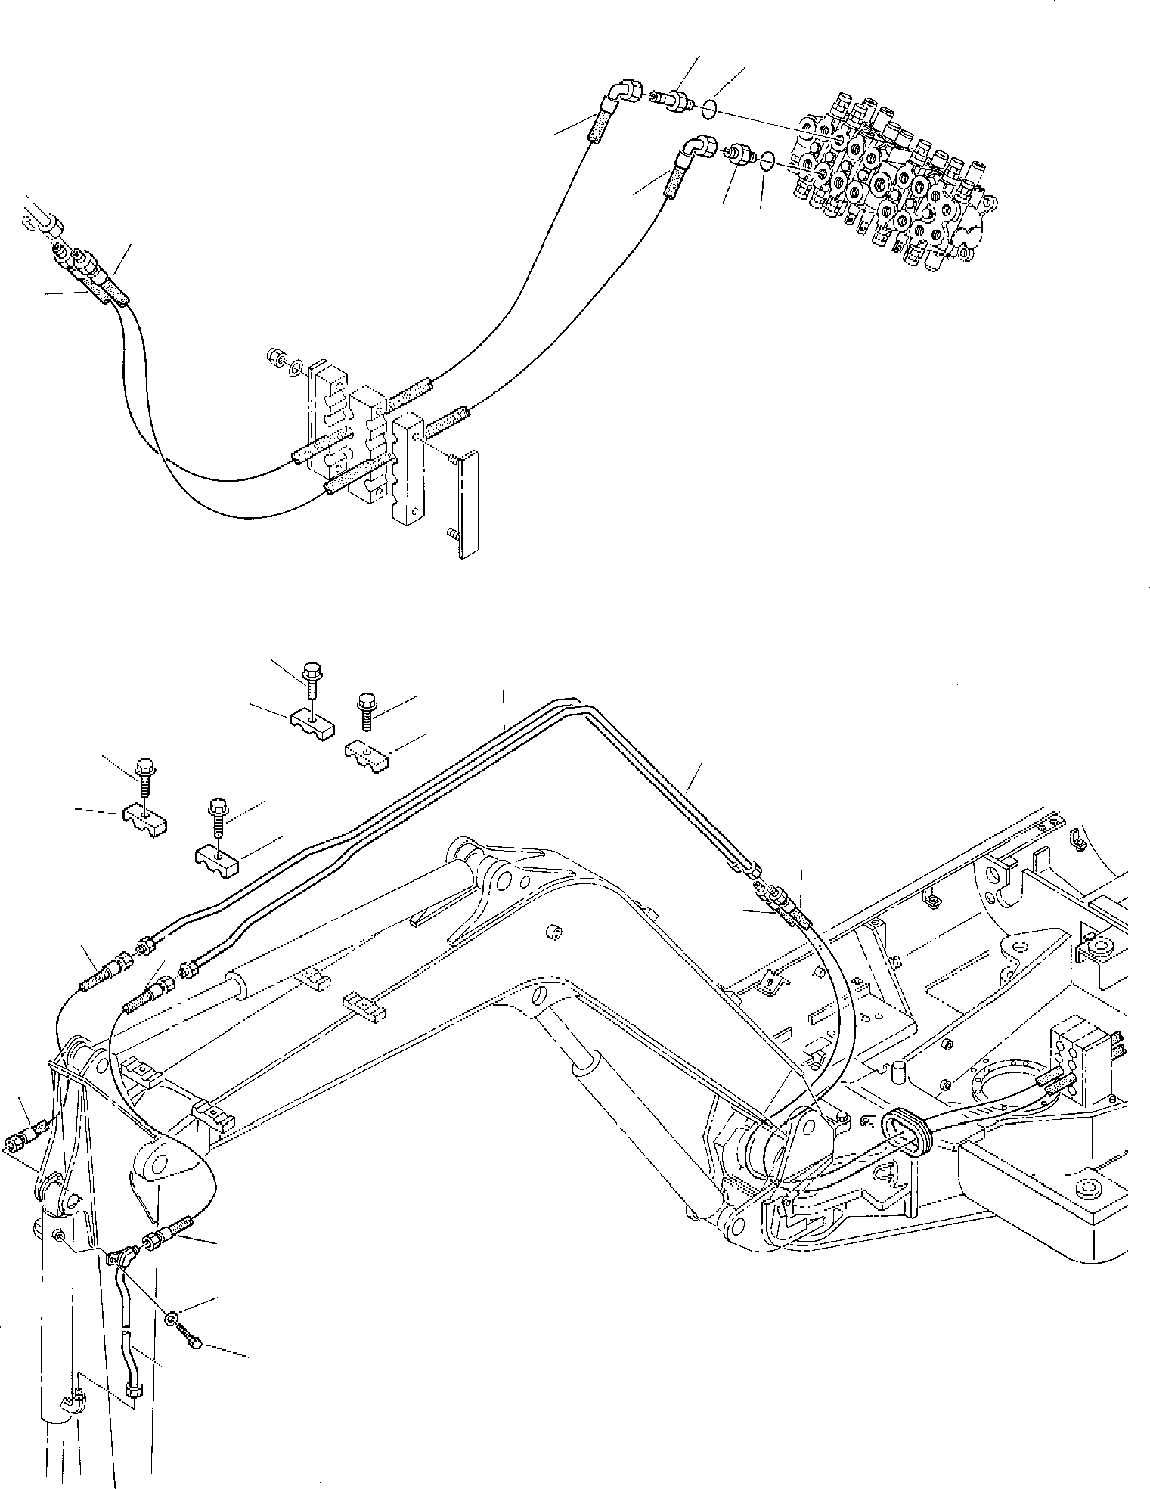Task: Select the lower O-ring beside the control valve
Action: coord(766,160)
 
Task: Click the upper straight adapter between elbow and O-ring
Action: coord(671,101)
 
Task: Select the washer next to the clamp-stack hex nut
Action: coord(296,367)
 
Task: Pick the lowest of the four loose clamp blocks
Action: coord(217,859)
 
